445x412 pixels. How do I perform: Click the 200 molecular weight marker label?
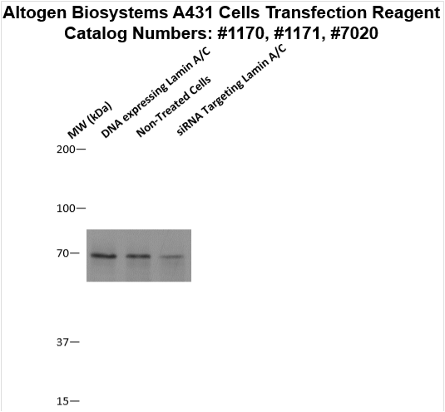click(66, 150)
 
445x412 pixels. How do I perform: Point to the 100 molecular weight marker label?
click(66, 208)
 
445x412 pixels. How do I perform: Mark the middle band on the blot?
click(139, 256)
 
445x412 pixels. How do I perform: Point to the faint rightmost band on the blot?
click(171, 257)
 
